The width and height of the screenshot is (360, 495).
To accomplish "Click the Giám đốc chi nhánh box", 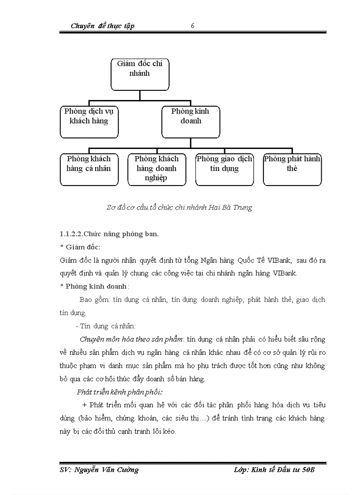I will pos(139,74).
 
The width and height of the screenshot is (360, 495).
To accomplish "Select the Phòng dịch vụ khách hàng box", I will pos(89,122).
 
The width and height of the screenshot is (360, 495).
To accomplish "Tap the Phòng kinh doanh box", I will pos(191,122).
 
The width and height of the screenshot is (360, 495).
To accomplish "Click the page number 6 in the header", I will pos(193,26).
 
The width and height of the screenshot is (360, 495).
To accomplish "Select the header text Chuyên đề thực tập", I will pos(102,26).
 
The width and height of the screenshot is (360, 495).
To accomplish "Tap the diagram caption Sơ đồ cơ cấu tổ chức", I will pos(179,207).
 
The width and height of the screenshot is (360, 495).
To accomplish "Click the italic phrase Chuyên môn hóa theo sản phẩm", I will pos(131,339).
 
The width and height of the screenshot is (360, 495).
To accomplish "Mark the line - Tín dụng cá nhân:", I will pos(106,326).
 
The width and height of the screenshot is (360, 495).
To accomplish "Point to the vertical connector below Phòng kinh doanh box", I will pos(191,143).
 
